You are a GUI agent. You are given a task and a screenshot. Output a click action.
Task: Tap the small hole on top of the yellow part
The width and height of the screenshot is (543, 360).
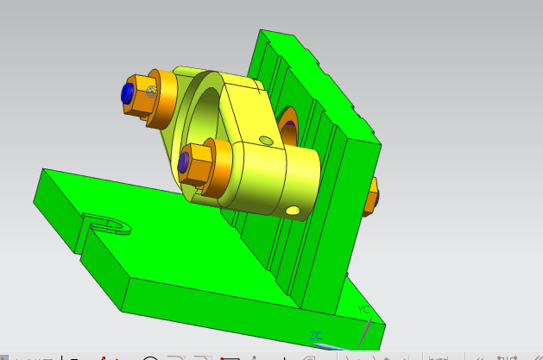point(266,140)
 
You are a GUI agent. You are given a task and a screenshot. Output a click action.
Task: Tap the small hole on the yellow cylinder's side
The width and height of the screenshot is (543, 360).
point(295,210)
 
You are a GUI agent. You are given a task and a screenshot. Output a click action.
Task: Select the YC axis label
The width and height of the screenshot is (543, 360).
point(363,309)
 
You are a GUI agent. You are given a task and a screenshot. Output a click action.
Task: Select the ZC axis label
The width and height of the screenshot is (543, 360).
point(316,335)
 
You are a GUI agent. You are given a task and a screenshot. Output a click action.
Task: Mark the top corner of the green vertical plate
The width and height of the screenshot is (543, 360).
point(262,31)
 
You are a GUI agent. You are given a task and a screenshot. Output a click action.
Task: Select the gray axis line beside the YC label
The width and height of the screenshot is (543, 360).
point(368,332)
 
